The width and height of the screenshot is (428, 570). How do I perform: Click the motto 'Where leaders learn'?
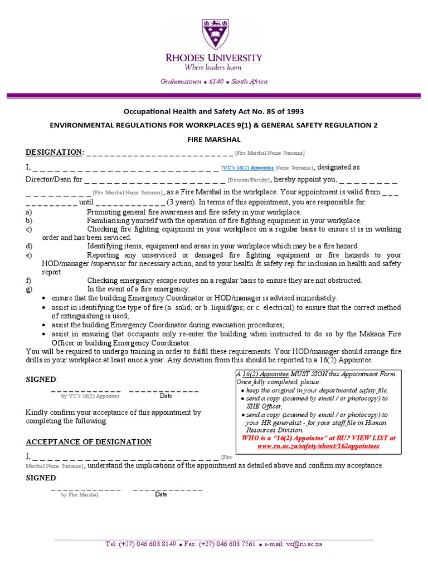(x=214, y=67)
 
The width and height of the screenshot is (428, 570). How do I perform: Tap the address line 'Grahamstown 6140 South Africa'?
(x=214, y=81)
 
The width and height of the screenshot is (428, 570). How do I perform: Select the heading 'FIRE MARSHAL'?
(x=214, y=139)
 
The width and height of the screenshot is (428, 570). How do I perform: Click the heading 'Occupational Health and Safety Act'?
(x=214, y=111)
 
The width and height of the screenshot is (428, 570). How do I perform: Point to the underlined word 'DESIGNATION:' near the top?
(x=55, y=153)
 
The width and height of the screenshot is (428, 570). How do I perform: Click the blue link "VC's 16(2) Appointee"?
(x=247, y=167)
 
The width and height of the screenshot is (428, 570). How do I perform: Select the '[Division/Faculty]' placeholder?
(x=249, y=180)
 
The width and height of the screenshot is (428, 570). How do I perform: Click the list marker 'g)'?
(x=29, y=289)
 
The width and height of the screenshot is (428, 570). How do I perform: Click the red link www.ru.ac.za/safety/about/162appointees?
(x=318, y=446)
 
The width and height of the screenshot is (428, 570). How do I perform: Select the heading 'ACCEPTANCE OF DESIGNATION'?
(x=89, y=442)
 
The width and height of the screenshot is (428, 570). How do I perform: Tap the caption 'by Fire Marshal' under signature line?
(x=80, y=494)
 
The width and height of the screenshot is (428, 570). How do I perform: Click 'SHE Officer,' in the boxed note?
(x=264, y=406)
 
